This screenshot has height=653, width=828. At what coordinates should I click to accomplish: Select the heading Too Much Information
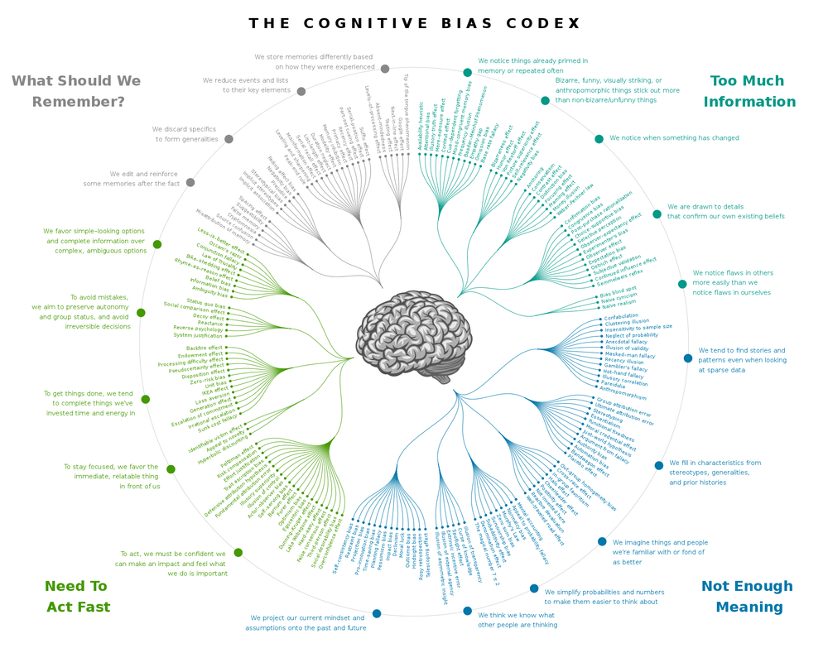pyautogui.click(x=749, y=91)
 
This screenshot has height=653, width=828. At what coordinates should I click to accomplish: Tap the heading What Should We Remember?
pyautogui.click(x=76, y=91)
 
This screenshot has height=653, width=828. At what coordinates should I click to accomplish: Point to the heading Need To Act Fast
pyautogui.click(x=77, y=596)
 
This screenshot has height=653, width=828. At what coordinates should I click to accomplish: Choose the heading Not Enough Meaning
pyautogui.click(x=748, y=596)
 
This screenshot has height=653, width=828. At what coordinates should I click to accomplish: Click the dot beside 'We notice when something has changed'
pyautogui.click(x=599, y=138)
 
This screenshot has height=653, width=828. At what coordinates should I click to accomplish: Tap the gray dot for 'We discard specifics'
pyautogui.click(x=229, y=138)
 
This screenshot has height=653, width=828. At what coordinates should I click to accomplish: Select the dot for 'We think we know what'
pyautogui.click(x=468, y=611)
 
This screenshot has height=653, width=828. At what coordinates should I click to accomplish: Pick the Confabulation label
pyautogui.click(x=621, y=317)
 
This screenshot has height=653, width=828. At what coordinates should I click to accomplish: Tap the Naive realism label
pyautogui.click(x=619, y=304)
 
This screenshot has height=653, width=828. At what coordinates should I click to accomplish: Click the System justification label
pyautogui.click(x=199, y=335)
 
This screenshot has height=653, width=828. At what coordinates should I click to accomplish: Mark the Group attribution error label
pyautogui.click(x=624, y=406)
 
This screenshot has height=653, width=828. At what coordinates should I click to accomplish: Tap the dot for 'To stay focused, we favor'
pyautogui.click(x=171, y=469)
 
